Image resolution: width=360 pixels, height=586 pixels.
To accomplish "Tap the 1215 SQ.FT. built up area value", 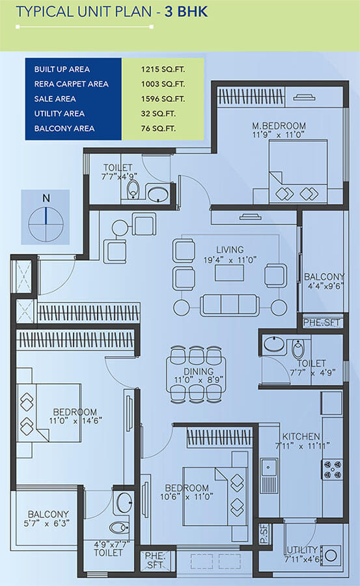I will pyautogui.click(x=163, y=69).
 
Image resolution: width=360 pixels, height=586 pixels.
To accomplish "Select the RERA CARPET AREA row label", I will pyautogui.click(x=71, y=84).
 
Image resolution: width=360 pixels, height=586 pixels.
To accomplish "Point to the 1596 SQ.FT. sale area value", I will pyautogui.click(x=163, y=99).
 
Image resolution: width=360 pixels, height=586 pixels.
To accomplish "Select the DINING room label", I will pyautogui.click(x=197, y=370).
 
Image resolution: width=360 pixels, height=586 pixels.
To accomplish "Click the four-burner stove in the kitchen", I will pyautogui.click(x=331, y=469).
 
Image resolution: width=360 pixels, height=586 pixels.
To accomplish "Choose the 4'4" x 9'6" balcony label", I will pyautogui.click(x=324, y=281).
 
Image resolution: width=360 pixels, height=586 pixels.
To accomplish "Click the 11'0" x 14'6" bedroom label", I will pyautogui.click(x=75, y=417).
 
